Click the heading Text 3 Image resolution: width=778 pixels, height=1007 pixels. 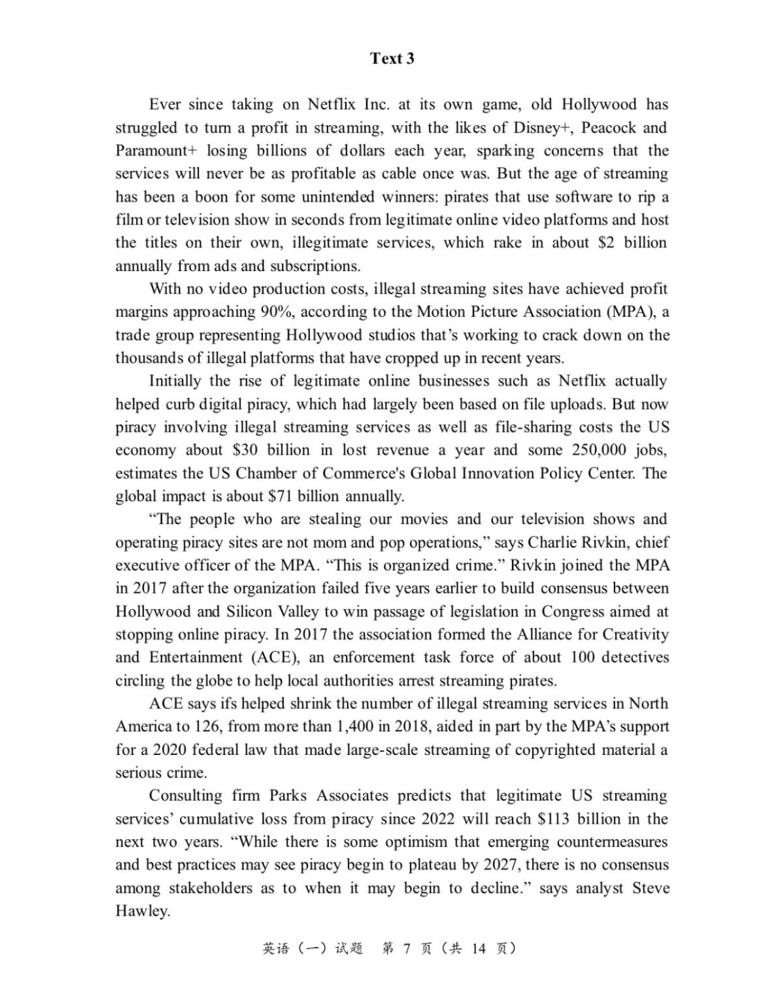coord(392,59)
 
